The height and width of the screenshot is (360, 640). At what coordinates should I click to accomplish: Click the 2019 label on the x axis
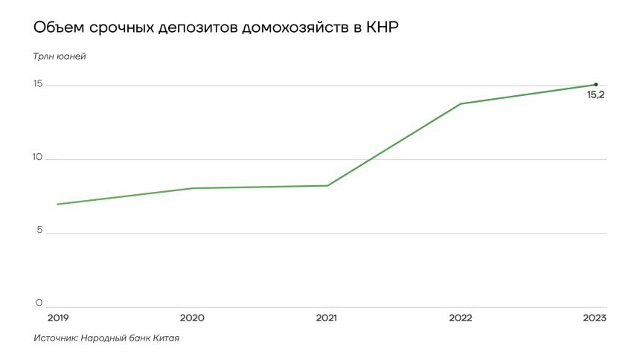tap(57, 318)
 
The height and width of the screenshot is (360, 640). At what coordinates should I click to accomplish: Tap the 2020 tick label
tap(192, 318)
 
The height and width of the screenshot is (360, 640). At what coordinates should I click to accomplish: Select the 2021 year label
tap(326, 318)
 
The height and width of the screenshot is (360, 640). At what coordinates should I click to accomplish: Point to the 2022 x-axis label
tap(461, 318)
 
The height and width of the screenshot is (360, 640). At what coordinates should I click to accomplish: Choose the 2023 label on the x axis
tap(595, 318)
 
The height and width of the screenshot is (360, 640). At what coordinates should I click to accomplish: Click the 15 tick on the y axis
tap(38, 85)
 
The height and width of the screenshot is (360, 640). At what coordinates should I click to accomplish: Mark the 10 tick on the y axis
tap(38, 158)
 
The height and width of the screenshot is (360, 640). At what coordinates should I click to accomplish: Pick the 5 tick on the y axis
tap(39, 231)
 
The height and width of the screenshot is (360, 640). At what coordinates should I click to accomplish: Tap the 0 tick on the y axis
tap(39, 303)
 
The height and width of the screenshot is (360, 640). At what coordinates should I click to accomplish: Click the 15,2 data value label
tap(595, 95)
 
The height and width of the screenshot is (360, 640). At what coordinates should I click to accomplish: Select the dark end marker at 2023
tap(596, 84)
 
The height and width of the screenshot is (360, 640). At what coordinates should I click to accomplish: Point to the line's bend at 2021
tap(327, 185)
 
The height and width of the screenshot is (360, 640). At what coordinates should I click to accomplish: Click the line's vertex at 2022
tap(461, 103)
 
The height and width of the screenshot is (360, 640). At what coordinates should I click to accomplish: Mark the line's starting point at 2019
tap(57, 204)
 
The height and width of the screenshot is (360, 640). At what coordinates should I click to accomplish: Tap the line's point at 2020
tap(192, 188)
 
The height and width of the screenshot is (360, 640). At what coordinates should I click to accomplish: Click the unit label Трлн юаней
tap(60, 57)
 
